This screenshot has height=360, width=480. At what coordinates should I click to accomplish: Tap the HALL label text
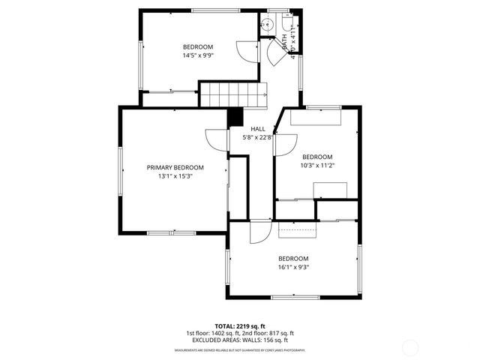[257, 129]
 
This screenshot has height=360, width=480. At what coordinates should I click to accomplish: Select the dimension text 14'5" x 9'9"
[199, 55]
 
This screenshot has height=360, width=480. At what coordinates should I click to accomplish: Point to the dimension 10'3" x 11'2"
[316, 165]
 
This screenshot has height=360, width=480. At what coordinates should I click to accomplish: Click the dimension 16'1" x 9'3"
[293, 267]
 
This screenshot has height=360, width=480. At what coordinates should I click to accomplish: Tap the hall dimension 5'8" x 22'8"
[257, 137]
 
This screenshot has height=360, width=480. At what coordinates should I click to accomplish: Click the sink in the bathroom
[266, 24]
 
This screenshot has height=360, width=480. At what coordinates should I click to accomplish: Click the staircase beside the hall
[233, 94]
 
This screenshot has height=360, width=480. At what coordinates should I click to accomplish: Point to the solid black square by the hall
[235, 117]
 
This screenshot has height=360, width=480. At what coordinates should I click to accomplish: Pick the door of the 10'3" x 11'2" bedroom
[285, 143]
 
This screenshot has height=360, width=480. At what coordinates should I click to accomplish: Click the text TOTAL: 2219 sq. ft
[240, 326]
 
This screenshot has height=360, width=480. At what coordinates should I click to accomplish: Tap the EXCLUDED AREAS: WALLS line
[240, 340]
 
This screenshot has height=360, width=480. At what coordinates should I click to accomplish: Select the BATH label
[284, 41]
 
